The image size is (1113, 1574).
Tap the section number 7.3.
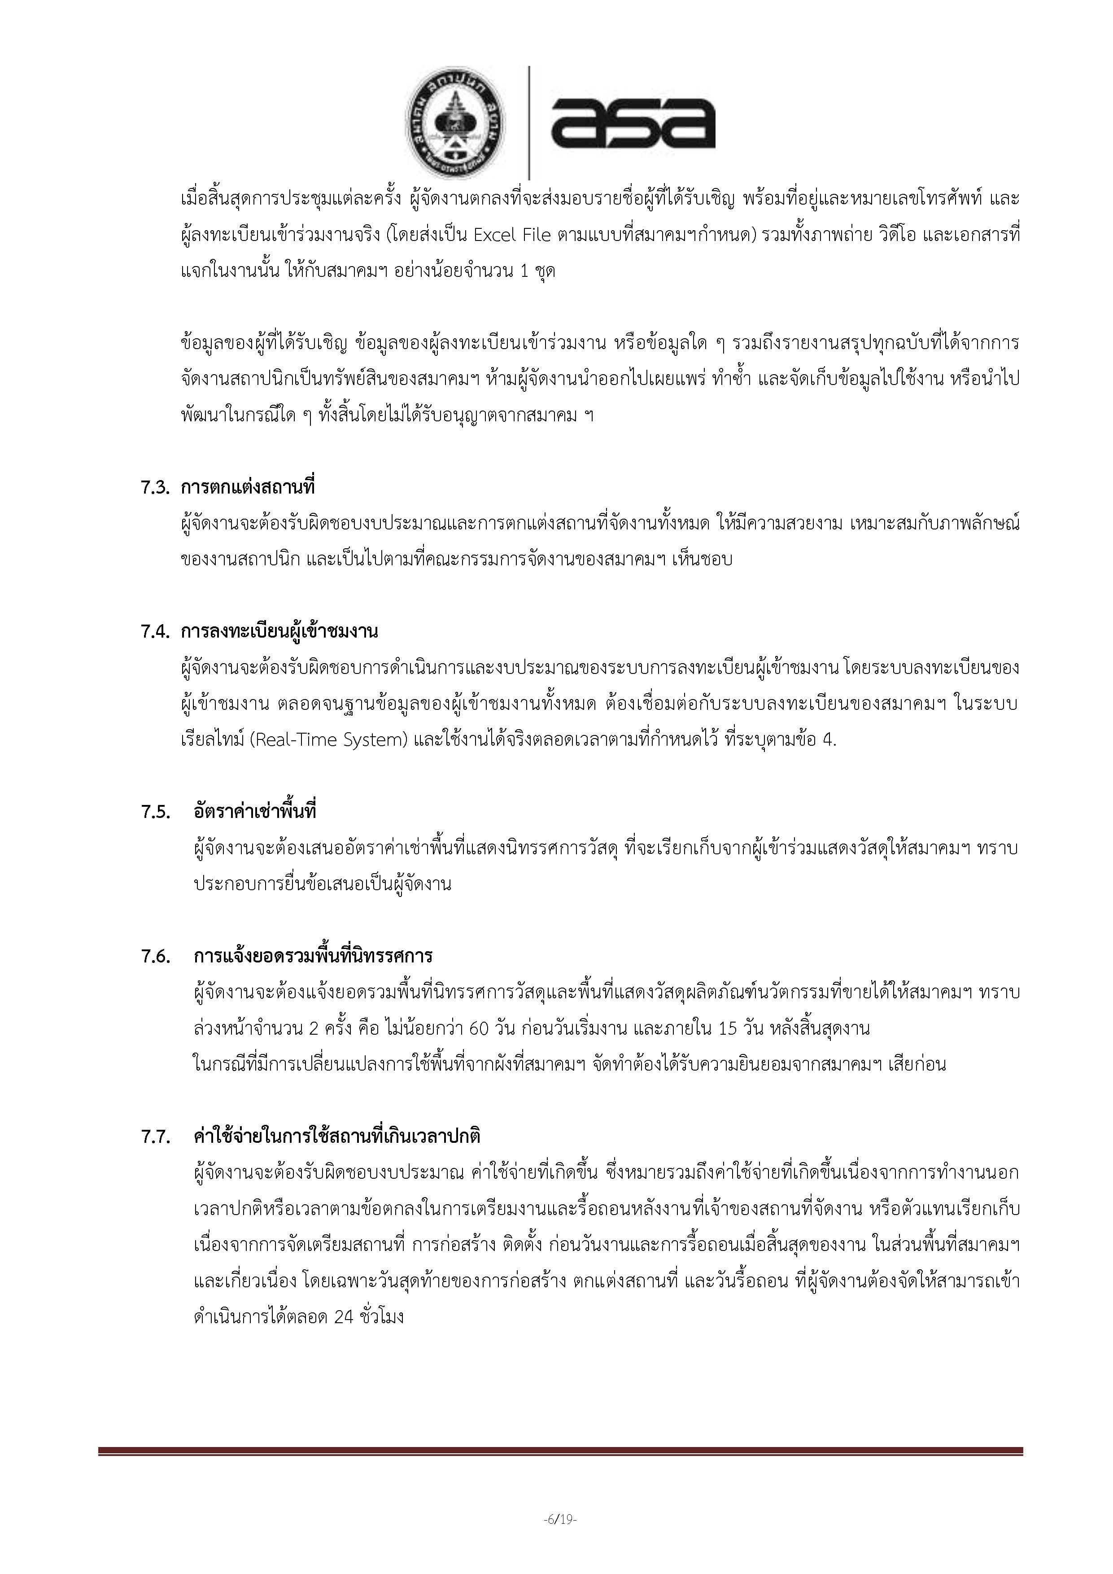tap(155, 487)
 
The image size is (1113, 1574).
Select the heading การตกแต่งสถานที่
tap(248, 487)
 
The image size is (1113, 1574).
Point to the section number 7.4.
tap(155, 631)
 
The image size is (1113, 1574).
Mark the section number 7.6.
tap(155, 956)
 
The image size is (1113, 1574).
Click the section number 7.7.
tap(155, 1137)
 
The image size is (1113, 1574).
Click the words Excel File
tap(512, 235)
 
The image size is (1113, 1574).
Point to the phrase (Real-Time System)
tap(329, 740)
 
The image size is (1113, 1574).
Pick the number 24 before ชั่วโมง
tap(343, 1317)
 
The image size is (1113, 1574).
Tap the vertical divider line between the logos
tap(528, 123)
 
